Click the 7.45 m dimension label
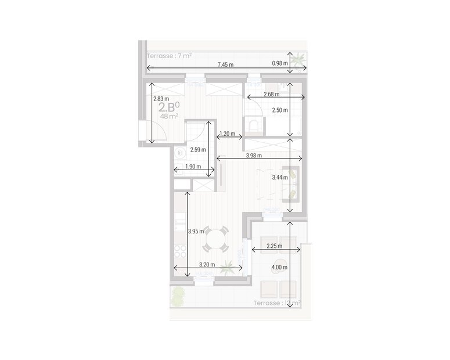[x=225, y=64]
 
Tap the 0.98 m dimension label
[x=280, y=64]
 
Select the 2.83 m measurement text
[x=161, y=99]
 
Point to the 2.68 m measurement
[x=271, y=94]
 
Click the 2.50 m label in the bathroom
[x=280, y=110]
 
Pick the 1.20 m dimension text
[x=228, y=134]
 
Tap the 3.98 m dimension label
[x=253, y=155]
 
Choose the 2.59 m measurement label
[x=199, y=150]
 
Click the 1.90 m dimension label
[x=192, y=167]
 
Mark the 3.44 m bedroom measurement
[x=280, y=179]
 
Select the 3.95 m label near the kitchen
[x=196, y=231]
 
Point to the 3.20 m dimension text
[x=207, y=265]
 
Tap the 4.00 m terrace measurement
[x=279, y=267]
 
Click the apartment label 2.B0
[x=169, y=107]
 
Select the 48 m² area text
[x=169, y=116]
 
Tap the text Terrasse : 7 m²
[x=170, y=56]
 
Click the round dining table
[x=218, y=238]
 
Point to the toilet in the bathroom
[x=253, y=125]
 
